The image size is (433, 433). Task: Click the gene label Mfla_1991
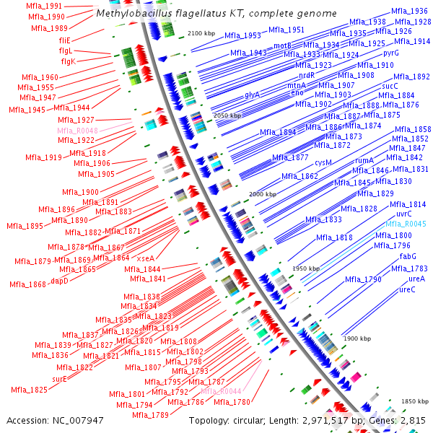coord(45,6)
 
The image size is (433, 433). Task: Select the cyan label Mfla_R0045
coord(405,224)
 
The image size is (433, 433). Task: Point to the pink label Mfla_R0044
coord(220,391)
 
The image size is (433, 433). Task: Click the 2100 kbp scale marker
coord(201,34)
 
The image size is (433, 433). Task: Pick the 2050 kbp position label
coord(227,115)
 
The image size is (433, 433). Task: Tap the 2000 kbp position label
coord(262,195)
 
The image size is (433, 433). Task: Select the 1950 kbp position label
coord(305,268)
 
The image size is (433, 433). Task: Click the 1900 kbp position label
coord(357,338)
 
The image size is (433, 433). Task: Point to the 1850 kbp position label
coord(415,401)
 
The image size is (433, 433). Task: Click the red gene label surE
coord(60,378)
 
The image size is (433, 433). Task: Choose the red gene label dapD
coord(59,281)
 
